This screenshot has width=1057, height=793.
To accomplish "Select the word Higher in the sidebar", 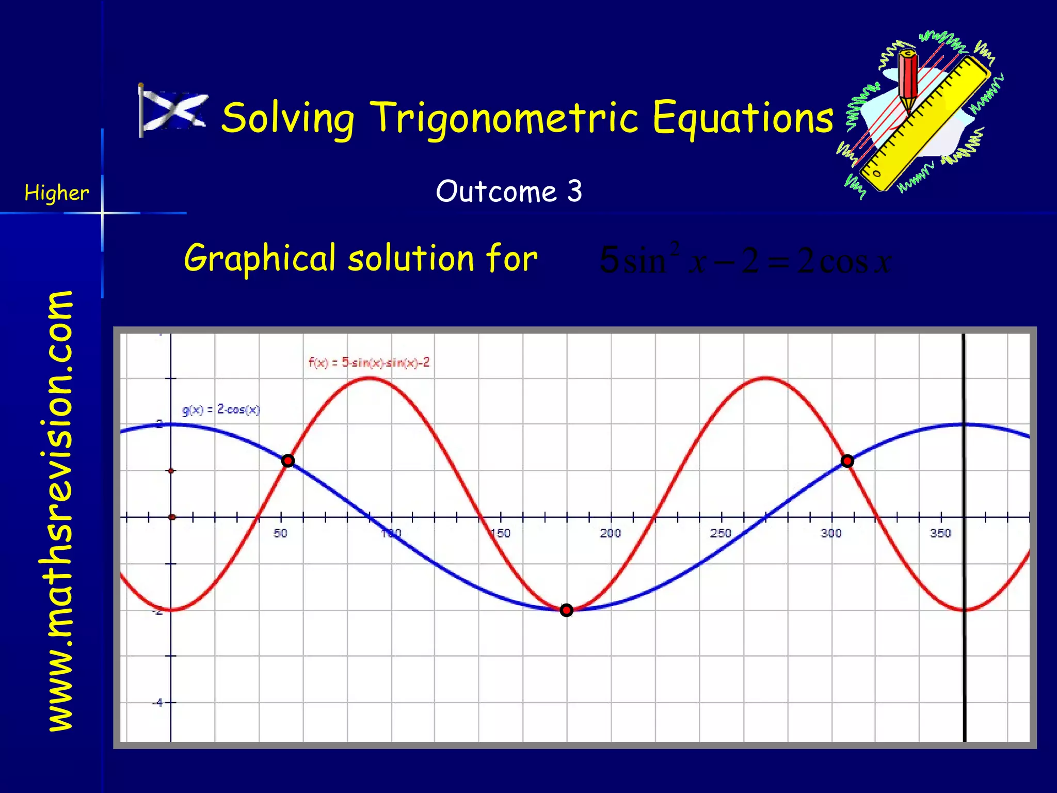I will click(x=57, y=193).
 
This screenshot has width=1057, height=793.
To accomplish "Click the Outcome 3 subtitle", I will click(x=509, y=192).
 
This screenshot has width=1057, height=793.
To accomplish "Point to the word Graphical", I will click(x=260, y=258).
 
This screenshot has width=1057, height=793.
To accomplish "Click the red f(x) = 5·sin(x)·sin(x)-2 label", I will click(x=369, y=363).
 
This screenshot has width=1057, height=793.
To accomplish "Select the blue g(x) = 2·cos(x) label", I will click(x=221, y=410).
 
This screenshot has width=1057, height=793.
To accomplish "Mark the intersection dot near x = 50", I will click(x=288, y=461).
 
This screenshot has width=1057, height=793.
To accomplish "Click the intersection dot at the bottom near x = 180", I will click(x=566, y=610).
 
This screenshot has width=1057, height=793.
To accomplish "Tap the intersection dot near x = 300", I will click(x=847, y=461).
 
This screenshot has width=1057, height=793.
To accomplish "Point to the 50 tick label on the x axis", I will click(x=280, y=533).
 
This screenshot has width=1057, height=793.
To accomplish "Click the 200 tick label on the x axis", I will click(x=610, y=533).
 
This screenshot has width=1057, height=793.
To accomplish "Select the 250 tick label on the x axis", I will click(x=720, y=533).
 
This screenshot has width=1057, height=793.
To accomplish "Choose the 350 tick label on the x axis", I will click(x=940, y=533).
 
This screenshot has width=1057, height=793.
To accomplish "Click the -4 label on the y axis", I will click(x=157, y=703).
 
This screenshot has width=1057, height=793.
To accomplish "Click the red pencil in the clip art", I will click(x=908, y=77).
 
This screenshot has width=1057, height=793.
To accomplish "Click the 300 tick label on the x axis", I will click(x=831, y=533).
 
